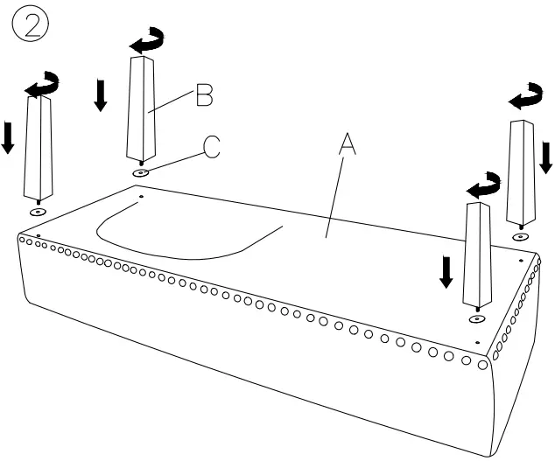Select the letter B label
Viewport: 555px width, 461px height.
pos(204,95)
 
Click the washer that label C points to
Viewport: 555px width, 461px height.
pos(141,173)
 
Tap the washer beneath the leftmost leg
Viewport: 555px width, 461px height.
pos(37,212)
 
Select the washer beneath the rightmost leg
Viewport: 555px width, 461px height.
pos(521,236)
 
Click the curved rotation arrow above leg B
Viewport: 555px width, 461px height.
pos(144,39)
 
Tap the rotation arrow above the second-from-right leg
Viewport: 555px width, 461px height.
pos(482,185)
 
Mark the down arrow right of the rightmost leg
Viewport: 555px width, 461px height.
pos(547,157)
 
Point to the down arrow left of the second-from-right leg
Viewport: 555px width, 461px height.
pos(446,272)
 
